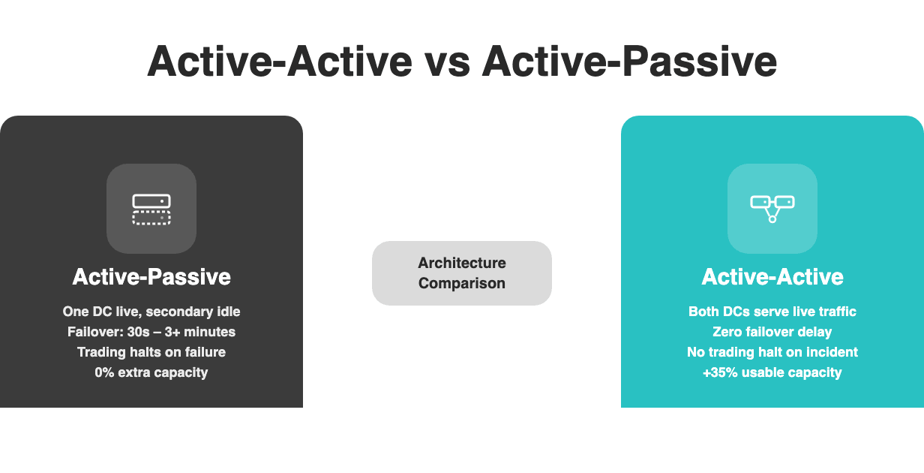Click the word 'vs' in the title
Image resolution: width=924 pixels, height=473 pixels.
coord(447,62)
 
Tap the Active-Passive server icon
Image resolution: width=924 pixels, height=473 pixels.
coord(151,209)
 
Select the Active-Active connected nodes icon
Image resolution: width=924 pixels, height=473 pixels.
coord(772,209)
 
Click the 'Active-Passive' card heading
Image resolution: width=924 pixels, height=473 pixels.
coord(151,277)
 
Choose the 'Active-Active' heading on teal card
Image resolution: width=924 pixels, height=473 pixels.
coord(772,277)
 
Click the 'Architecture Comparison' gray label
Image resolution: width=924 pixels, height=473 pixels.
coord(462,273)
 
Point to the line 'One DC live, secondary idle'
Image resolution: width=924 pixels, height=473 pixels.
coord(151,311)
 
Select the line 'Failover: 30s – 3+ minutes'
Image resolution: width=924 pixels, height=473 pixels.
coord(151,331)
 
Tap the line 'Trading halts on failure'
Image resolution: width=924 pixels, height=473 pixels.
coord(151,351)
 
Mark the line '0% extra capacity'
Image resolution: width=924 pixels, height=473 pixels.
coord(151,372)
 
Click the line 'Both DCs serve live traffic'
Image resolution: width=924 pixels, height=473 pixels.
coord(772,311)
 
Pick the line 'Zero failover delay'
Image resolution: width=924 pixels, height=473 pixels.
coord(772,331)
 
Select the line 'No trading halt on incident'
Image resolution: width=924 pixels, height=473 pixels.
coord(772,351)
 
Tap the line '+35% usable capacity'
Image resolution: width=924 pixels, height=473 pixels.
coord(772,372)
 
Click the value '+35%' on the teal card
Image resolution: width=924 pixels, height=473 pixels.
coord(719,372)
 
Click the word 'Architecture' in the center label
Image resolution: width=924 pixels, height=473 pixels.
coord(462,263)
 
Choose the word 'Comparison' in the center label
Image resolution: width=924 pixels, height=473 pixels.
coord(462,283)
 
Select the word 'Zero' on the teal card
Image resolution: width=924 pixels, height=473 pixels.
coord(727,331)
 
